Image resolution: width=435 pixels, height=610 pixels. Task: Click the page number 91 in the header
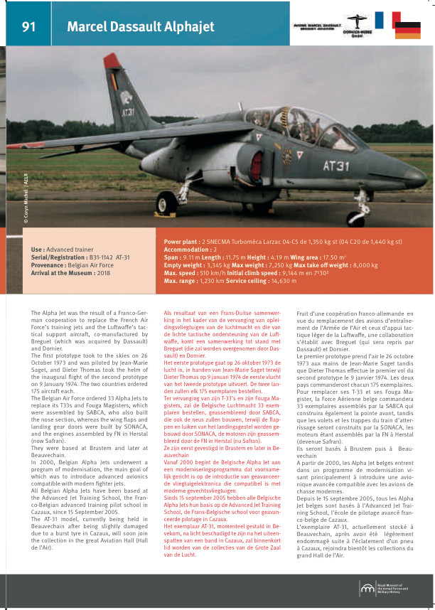pos(29,27)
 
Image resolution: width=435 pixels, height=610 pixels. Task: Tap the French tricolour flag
pos(387,20)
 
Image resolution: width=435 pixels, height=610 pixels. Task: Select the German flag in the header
pos(407,30)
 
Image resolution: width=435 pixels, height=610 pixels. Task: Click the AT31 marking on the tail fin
pos(128,112)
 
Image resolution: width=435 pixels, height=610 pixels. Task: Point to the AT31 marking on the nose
pos(336,166)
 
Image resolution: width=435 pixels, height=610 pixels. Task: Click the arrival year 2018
pos(104,272)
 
